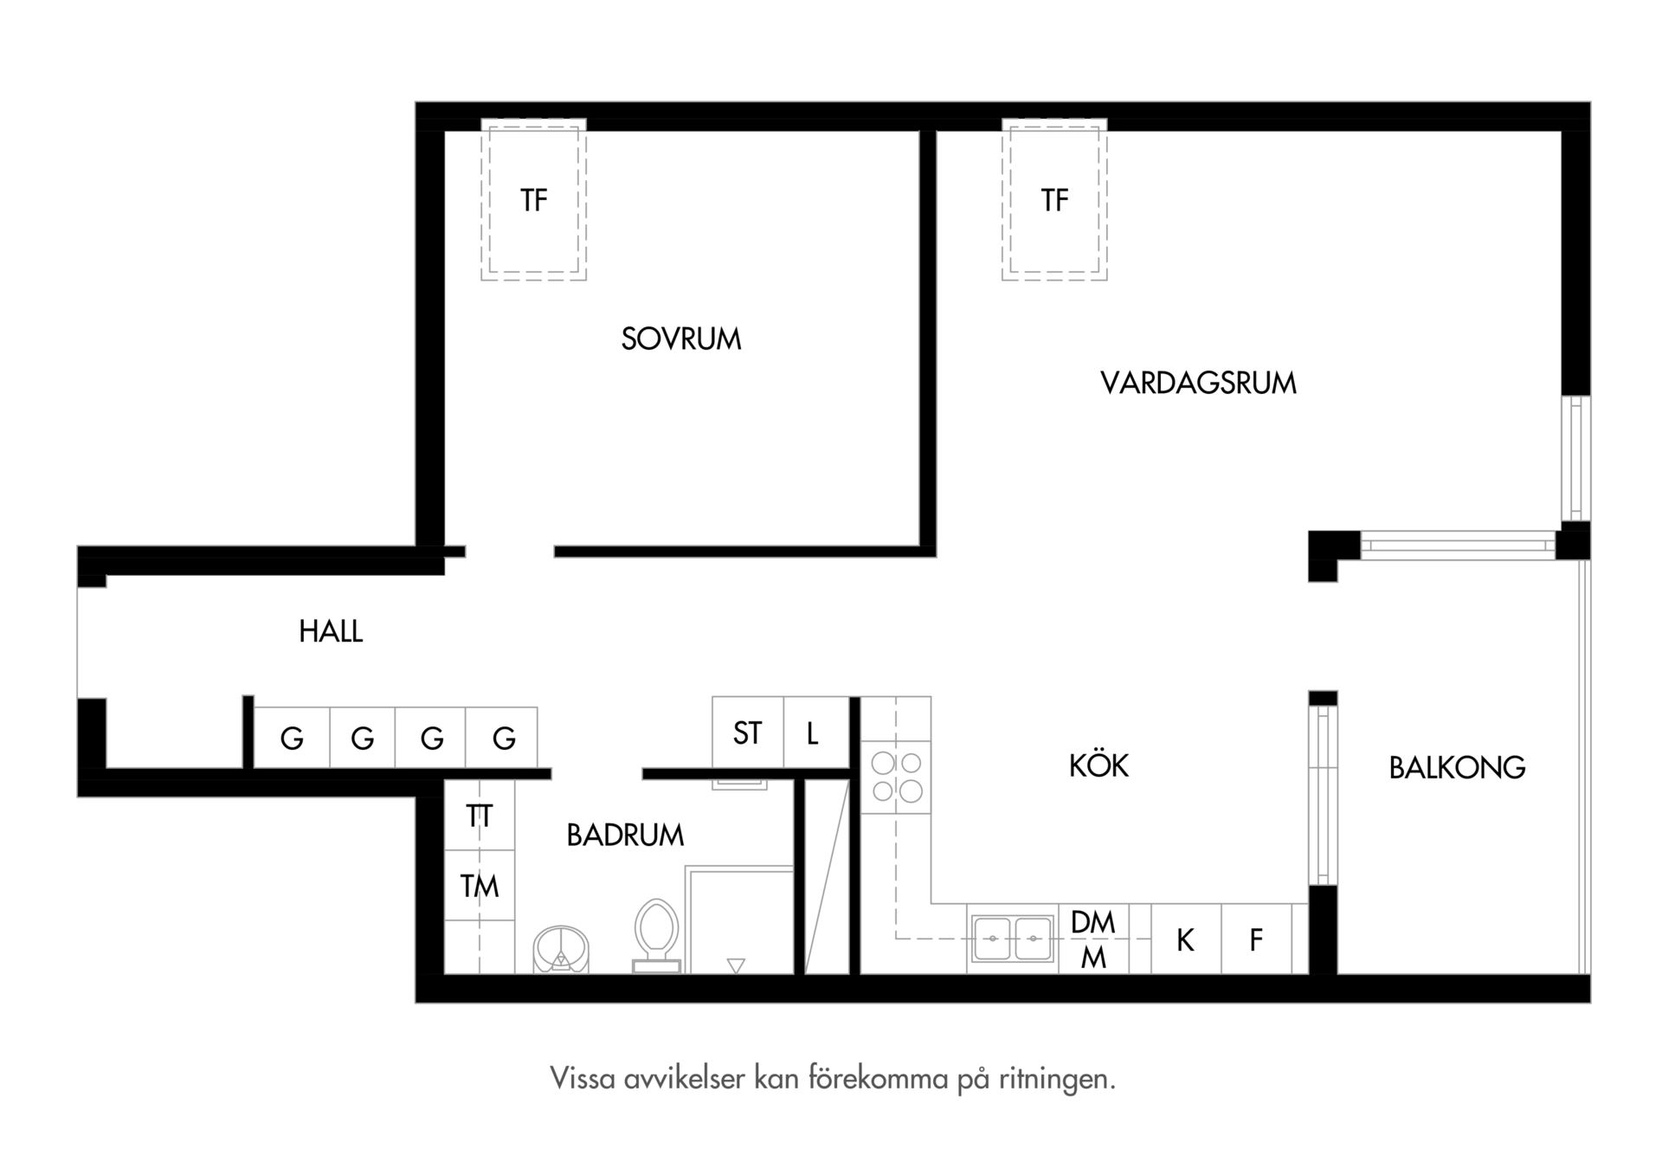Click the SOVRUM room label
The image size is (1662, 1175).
point(681,339)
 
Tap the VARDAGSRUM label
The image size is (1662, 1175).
point(1199,383)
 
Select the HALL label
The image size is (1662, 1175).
point(331,631)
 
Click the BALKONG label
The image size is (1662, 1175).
point(1457,767)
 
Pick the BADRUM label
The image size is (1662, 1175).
point(625,835)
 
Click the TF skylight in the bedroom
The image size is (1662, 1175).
point(534,199)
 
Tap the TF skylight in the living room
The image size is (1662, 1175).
point(1054,199)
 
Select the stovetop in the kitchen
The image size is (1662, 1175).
point(896,777)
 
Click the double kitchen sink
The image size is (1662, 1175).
point(1013,939)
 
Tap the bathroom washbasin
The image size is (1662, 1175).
point(561,950)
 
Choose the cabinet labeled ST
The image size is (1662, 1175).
point(748,733)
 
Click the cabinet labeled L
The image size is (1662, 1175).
point(816,733)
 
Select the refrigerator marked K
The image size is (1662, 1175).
point(1186,939)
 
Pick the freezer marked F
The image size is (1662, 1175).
point(1256,939)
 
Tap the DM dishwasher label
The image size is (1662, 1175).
point(1093,922)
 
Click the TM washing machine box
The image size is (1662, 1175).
point(480,885)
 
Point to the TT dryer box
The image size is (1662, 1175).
point(480,816)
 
